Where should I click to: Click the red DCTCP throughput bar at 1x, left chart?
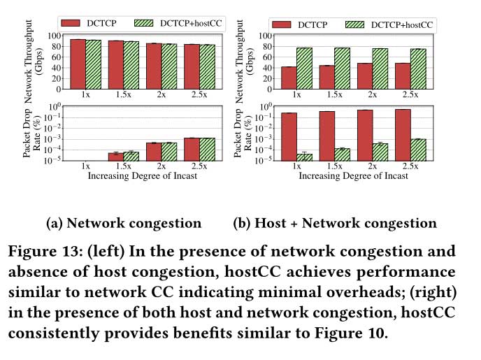click(78, 64)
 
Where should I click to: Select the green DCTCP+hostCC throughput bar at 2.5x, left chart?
click(208, 66)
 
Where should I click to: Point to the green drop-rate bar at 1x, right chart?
click(304, 157)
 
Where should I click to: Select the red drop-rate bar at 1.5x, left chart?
click(115, 156)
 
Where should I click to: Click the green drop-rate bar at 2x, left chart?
click(169, 151)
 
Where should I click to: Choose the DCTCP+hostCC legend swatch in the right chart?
click(353, 24)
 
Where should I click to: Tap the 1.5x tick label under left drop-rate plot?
click(123, 167)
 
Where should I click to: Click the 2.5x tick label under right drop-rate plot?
click(410, 167)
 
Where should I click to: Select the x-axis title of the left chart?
click(142, 176)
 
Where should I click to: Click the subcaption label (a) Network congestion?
click(123, 224)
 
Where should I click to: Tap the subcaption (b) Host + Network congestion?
click(334, 224)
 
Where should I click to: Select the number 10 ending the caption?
click(375, 333)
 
